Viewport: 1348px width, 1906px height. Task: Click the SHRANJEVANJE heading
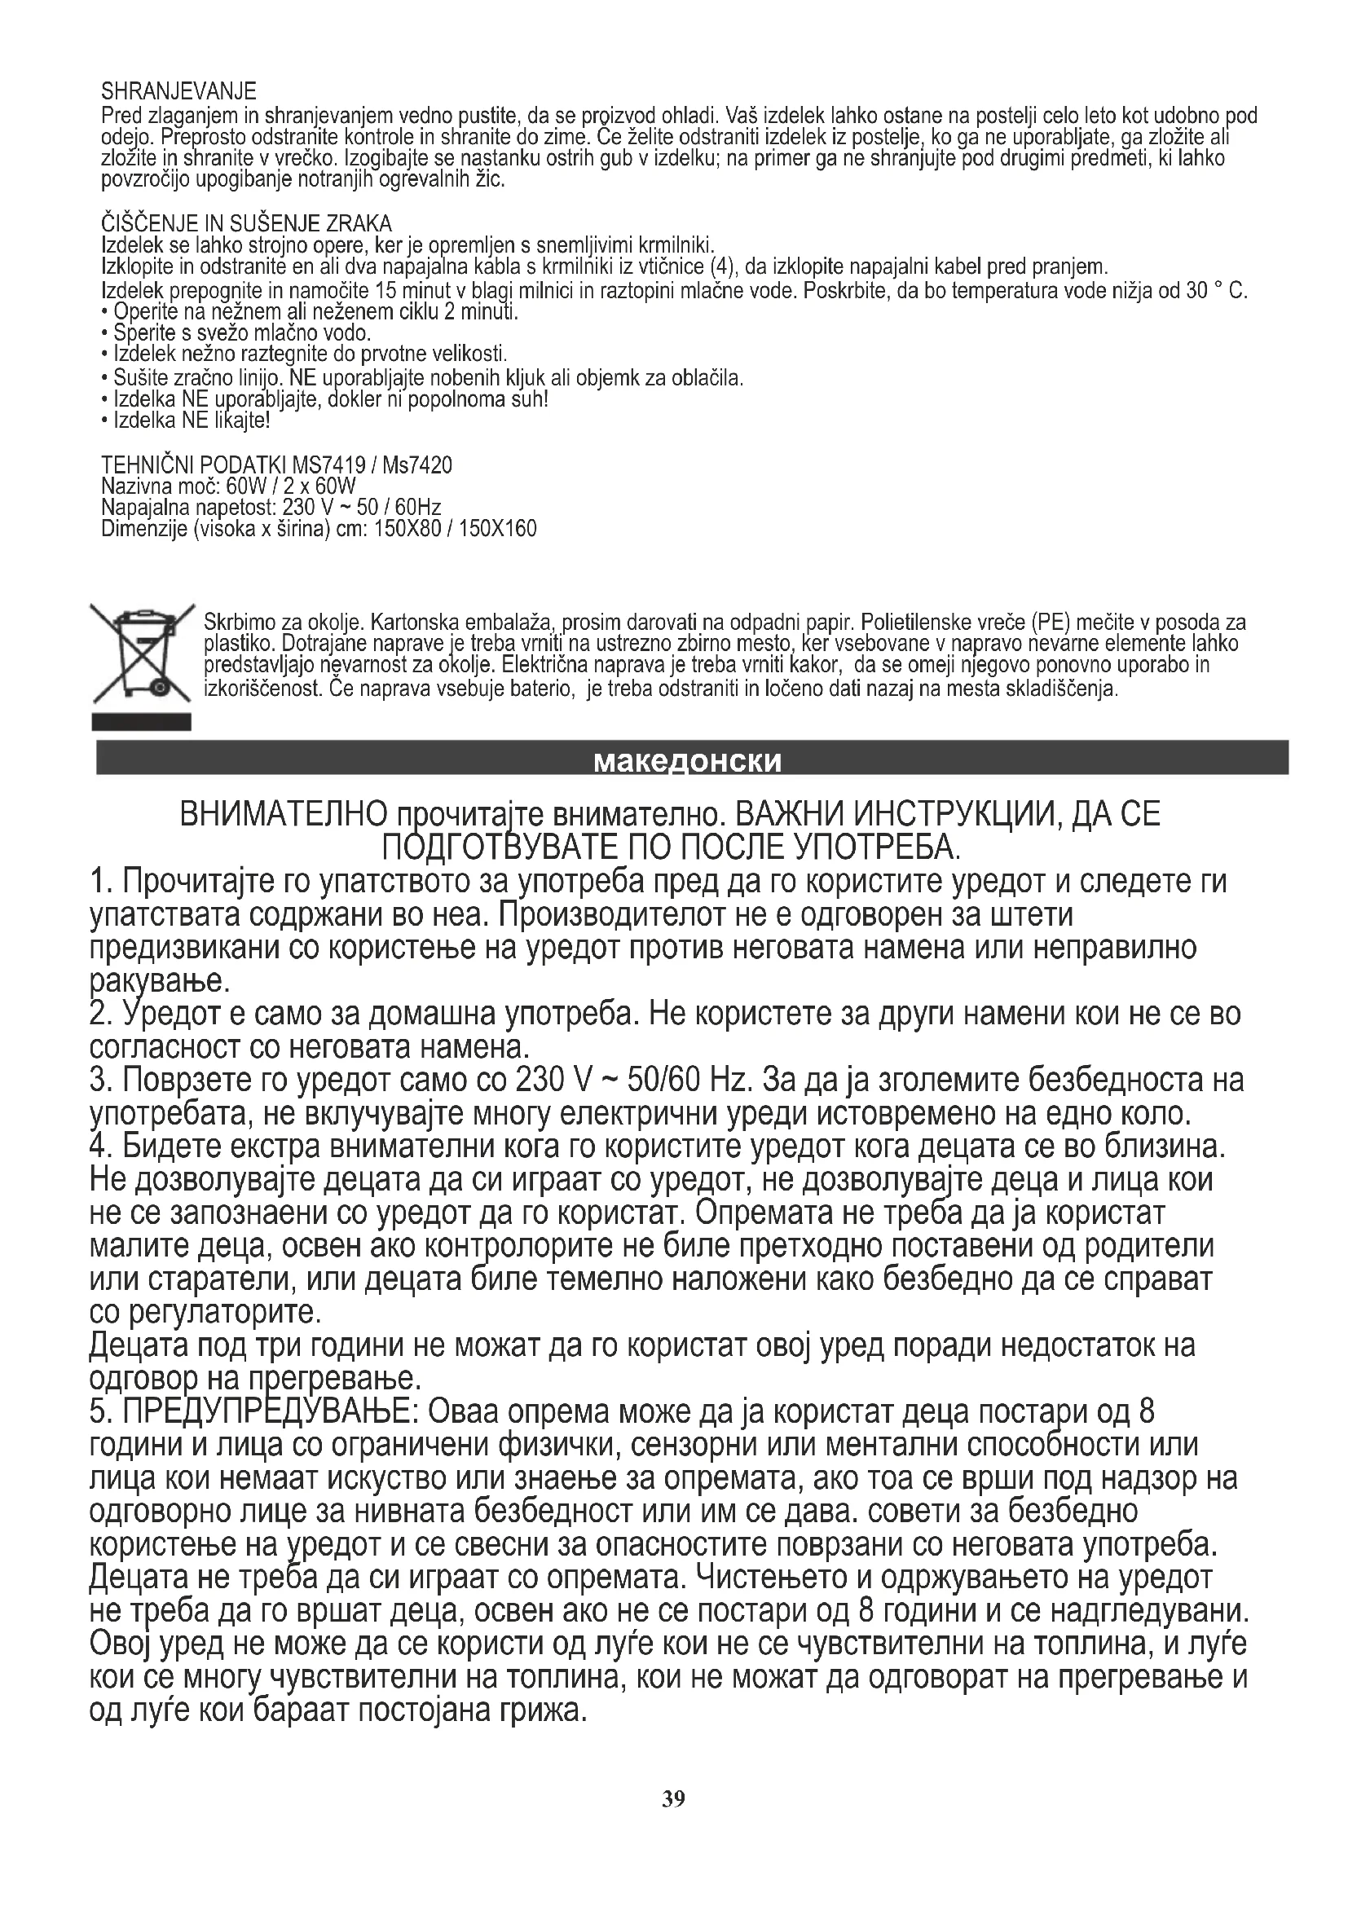[178, 90]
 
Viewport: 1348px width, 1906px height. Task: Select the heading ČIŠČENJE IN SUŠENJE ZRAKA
[246, 223]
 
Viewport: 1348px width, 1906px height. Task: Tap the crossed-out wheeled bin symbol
[141, 655]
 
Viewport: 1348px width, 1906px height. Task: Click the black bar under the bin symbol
[141, 721]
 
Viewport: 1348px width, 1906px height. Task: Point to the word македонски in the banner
[688, 760]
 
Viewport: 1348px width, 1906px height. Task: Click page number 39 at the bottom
[673, 1798]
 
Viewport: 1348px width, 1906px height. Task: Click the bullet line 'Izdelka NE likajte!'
[192, 420]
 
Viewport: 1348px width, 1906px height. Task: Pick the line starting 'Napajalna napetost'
[271, 507]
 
